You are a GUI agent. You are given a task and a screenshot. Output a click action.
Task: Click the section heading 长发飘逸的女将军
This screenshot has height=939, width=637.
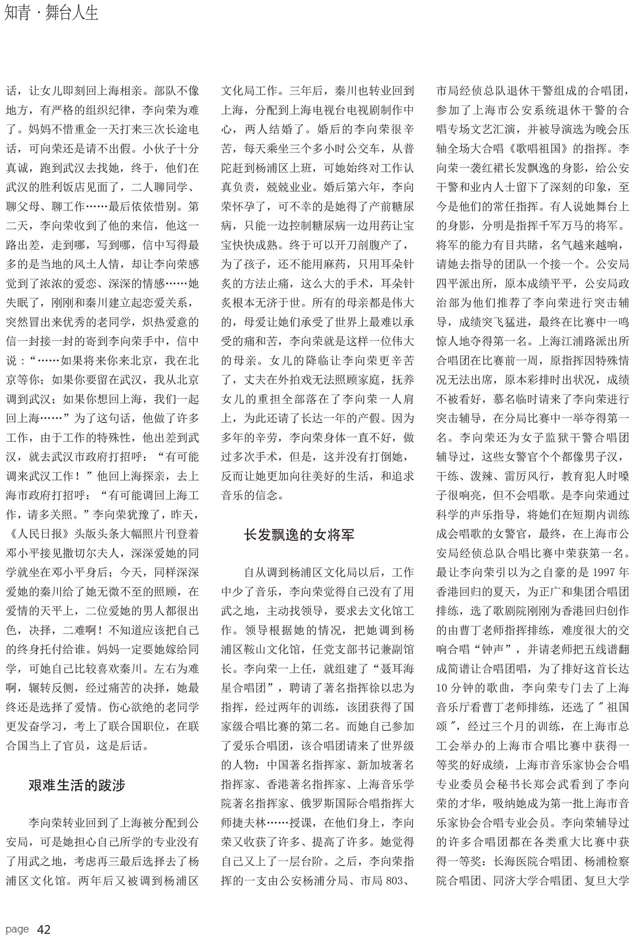point(299,535)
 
